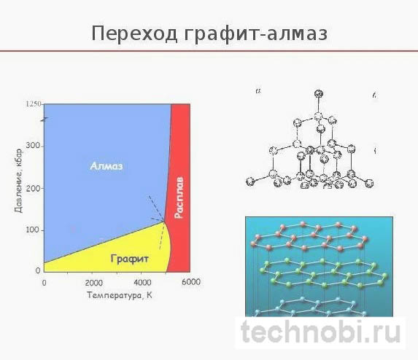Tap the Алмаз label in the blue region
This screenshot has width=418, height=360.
107,166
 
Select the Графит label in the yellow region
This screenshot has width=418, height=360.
131,258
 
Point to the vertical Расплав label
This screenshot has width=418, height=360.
179,197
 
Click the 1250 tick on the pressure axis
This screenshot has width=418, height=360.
34,104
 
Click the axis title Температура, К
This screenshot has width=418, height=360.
118,295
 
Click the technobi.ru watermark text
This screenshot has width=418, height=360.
322,334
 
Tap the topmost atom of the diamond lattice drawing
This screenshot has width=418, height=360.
317,93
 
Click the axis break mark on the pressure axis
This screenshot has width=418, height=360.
44,118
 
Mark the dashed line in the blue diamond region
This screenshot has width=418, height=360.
155,208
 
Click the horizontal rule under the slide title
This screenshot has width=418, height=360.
209,51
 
